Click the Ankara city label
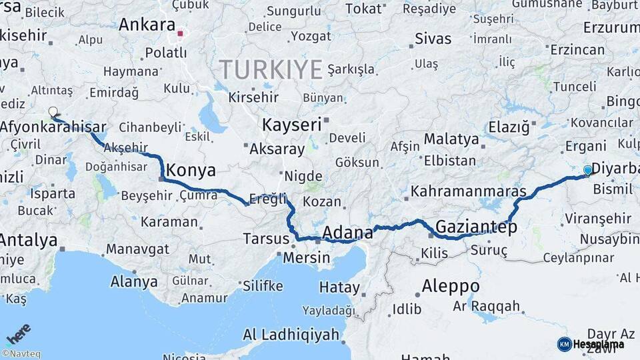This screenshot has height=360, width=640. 147,25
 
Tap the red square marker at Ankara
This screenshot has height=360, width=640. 180,33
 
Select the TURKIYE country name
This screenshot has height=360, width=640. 271,69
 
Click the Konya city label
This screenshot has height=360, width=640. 191,171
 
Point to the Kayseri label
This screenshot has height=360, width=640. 292,125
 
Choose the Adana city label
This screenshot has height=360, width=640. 347,233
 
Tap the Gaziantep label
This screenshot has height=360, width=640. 476,227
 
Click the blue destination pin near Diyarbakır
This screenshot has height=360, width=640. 587,171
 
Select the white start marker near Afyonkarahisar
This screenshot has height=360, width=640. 53,112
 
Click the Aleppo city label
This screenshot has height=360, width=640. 451,287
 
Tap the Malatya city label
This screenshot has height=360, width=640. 451,139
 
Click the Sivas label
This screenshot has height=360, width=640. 433,38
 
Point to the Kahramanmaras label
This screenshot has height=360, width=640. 468,191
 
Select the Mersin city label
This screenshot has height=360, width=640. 307,257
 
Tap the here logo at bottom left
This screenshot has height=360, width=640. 19,333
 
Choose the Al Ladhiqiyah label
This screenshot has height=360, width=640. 291,335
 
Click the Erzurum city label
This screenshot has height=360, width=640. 611,28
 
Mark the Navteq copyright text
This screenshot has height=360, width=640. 21,354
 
